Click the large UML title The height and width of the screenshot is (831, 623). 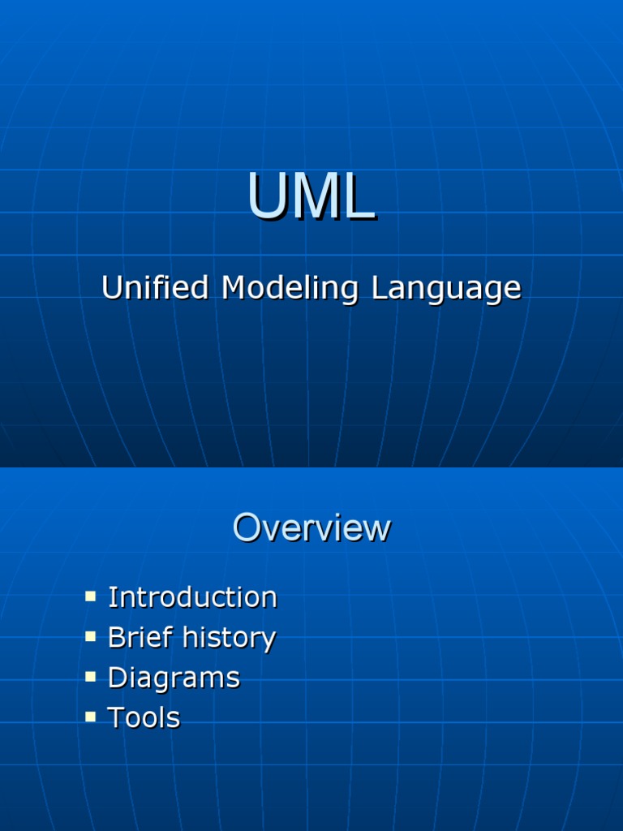point(311,197)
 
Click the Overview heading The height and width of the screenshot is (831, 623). point(311,528)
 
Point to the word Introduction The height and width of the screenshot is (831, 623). point(192,597)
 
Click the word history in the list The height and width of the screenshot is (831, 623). point(229,639)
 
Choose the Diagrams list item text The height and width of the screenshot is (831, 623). point(174,678)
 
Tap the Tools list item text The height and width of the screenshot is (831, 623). point(144,717)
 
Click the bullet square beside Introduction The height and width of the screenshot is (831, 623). point(91,596)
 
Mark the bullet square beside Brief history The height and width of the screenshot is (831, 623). point(91,636)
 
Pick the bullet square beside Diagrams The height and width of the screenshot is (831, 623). point(91,677)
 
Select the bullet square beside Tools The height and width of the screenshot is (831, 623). point(91,717)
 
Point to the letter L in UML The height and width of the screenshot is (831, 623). point(359,197)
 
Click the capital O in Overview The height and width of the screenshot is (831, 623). point(247,528)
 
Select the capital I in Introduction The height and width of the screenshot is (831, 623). point(112,597)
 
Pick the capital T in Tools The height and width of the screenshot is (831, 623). point(116,717)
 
